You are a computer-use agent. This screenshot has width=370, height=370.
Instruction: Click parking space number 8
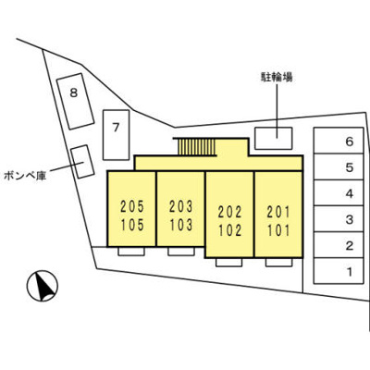click(x=75, y=101)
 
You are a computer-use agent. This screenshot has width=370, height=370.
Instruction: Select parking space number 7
click(x=117, y=135)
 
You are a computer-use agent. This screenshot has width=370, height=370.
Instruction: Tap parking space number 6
click(x=339, y=141)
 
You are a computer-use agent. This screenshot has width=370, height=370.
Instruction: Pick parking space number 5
click(x=339, y=166)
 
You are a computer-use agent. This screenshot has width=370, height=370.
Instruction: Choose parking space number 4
click(x=339, y=193)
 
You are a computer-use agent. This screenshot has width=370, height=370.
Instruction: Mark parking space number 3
click(x=339, y=219)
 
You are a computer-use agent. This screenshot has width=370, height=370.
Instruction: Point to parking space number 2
click(x=339, y=245)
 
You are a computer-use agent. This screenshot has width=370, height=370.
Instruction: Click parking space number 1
click(x=339, y=271)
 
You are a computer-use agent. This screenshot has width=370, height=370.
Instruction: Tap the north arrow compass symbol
click(x=43, y=286)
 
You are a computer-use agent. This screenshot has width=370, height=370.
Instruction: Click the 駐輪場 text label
click(x=277, y=77)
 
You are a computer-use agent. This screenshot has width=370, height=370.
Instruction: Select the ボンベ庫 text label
click(x=25, y=176)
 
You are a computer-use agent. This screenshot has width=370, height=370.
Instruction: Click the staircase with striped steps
click(x=197, y=147)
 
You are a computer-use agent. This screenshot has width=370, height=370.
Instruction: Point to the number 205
click(x=132, y=206)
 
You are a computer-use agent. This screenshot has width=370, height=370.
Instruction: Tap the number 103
click(x=181, y=225)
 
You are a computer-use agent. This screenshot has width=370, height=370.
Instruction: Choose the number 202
click(x=229, y=212)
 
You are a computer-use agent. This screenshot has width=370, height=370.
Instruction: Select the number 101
click(x=278, y=230)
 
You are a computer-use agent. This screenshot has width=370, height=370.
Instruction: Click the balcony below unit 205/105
click(x=131, y=252)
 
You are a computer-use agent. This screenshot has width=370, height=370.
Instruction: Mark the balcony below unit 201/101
click(x=278, y=263)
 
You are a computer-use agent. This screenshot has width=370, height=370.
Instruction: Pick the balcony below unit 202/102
click(x=228, y=263)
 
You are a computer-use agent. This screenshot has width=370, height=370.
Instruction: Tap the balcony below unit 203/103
click(x=181, y=252)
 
